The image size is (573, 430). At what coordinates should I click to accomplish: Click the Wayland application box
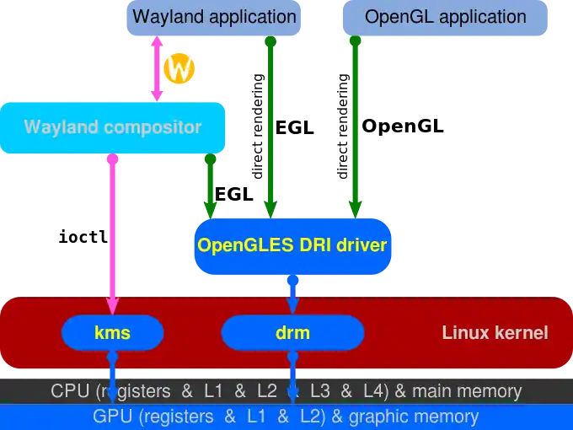213,18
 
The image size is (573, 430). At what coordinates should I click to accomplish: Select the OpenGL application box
445,18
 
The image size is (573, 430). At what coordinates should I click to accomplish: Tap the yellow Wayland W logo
179,68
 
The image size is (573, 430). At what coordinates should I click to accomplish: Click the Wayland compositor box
113,127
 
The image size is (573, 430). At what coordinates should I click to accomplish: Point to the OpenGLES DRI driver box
292,246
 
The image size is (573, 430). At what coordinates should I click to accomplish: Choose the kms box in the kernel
113,333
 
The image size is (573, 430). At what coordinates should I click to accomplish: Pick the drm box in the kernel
292,333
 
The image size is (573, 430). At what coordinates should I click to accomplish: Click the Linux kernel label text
495,333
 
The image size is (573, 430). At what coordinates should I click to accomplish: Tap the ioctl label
83,237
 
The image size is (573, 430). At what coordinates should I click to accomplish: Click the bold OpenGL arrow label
403,126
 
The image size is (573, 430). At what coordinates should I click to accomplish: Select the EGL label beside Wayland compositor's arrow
234,194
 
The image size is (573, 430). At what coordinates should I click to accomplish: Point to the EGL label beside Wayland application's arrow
295,128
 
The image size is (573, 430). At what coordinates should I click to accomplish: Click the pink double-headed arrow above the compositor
157,68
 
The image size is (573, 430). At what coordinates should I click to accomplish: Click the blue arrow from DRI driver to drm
292,295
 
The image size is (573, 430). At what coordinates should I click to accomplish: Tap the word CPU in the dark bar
70,391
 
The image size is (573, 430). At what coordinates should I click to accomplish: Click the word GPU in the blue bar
112,417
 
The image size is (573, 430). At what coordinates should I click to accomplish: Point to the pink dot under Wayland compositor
113,159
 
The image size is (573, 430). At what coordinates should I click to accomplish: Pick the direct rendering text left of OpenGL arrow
342,126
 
